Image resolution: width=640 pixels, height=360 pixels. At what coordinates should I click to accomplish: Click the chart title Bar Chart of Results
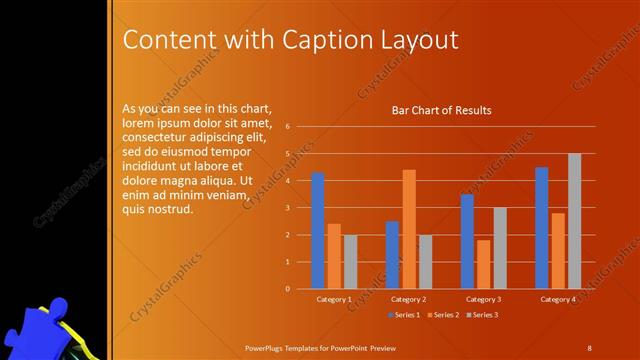point(440,110)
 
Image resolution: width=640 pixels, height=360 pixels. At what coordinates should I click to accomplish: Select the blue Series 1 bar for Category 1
point(318,230)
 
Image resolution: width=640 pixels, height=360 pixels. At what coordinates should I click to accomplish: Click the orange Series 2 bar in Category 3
point(483,264)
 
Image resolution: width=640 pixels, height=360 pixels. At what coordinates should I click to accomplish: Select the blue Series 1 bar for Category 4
point(541,227)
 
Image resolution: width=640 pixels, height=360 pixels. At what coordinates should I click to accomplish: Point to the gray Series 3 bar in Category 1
point(350,261)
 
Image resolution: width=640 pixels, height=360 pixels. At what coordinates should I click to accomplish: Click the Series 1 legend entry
point(403,315)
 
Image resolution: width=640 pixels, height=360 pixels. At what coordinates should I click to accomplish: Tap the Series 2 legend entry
point(442,315)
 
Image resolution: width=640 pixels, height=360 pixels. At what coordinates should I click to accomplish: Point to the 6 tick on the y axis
point(287,127)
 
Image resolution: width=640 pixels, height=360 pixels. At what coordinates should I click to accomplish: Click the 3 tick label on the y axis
point(287,208)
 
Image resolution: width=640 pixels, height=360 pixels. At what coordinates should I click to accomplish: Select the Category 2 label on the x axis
point(408,299)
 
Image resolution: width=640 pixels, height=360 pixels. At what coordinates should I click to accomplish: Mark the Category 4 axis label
point(557,299)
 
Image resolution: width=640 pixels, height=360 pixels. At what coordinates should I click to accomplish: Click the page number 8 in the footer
point(589,347)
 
